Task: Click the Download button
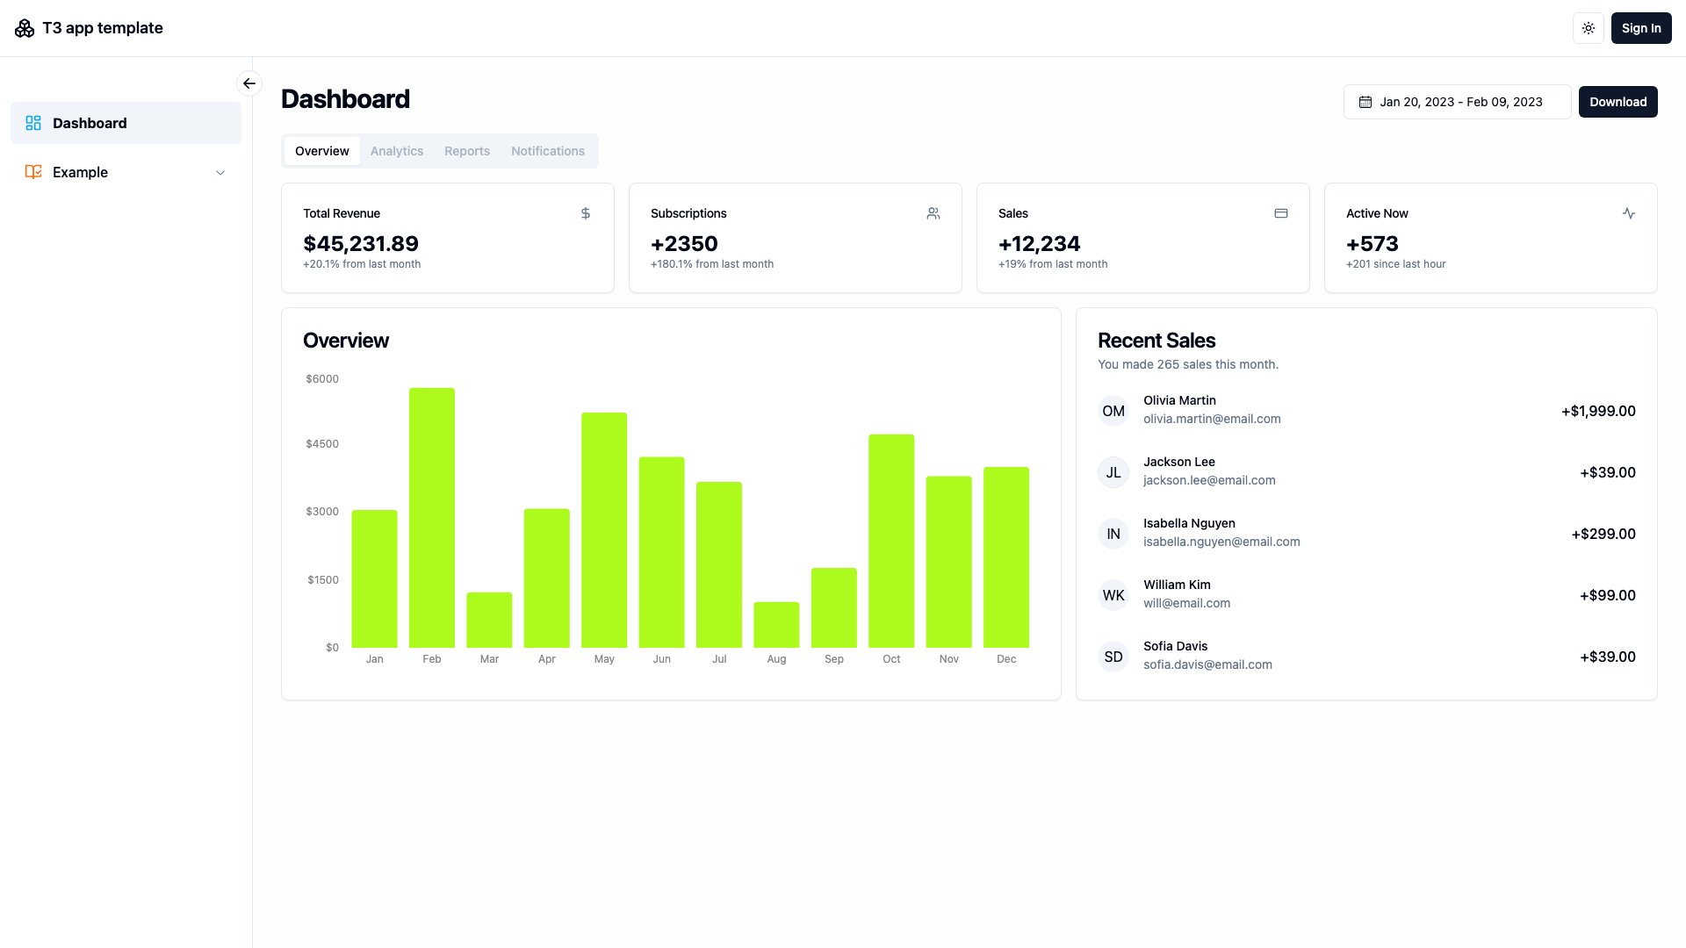1618,102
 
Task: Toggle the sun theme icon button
1588,28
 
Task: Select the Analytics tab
396,151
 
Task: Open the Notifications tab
547,151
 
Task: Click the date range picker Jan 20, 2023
1457,102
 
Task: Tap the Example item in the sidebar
80,172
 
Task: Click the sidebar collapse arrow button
249,83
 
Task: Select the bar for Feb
431,518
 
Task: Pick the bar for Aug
776,625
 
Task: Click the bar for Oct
891,541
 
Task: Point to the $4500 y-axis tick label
321,444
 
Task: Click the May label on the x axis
604,659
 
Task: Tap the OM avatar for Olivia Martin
1113,411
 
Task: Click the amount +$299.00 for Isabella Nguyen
1603,534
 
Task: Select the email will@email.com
1186,603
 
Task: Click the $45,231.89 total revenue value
361,244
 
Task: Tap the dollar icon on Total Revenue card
586,213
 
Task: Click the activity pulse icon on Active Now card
1628,213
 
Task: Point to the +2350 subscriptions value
684,244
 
